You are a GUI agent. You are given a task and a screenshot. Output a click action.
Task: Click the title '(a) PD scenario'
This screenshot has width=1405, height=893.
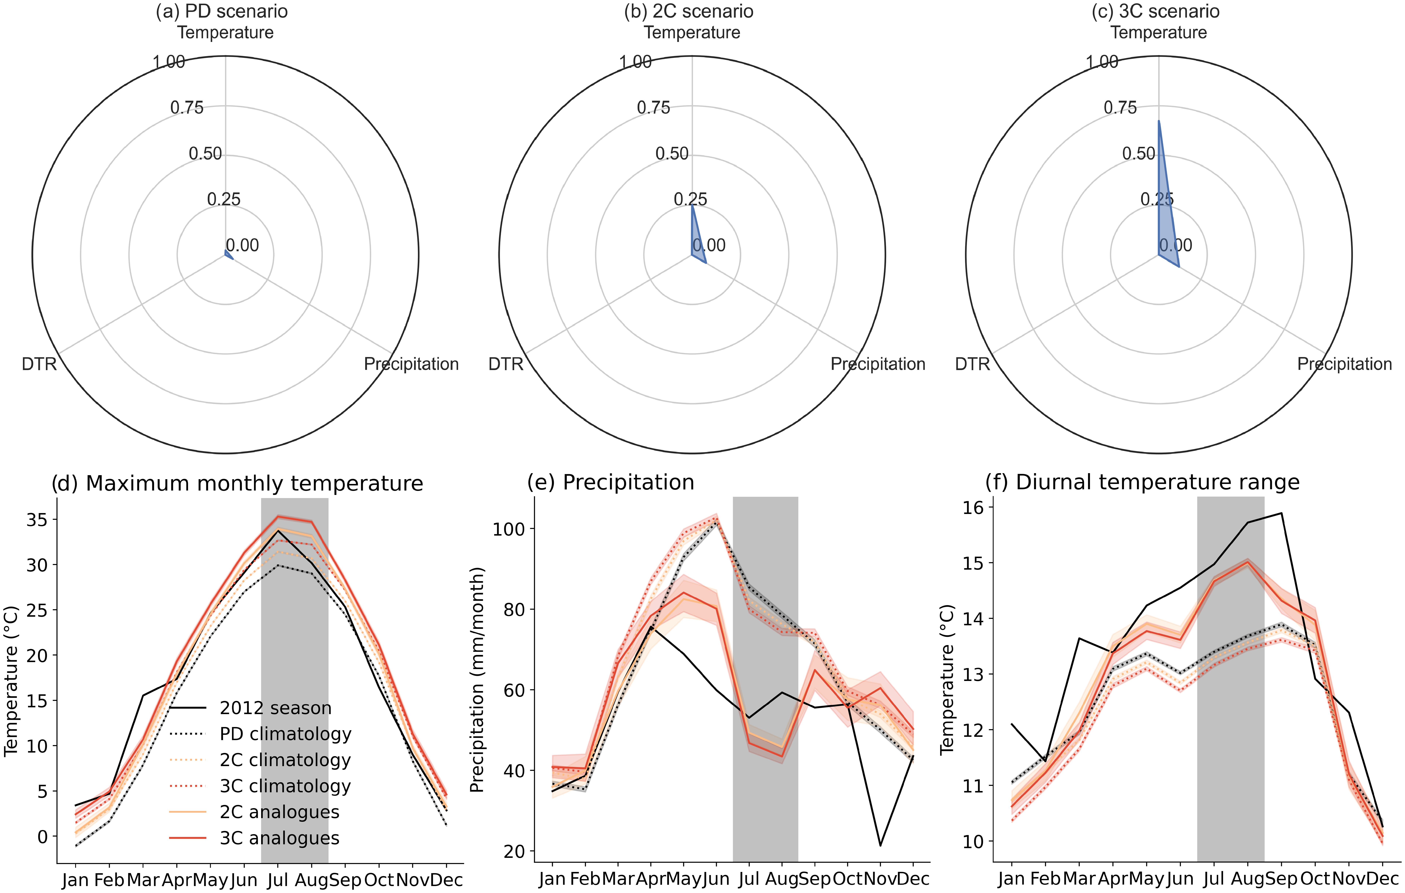click(222, 12)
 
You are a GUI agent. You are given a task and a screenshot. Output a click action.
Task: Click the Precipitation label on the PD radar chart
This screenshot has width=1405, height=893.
click(411, 364)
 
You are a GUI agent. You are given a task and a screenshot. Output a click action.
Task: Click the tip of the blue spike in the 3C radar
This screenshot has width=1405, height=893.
click(1159, 121)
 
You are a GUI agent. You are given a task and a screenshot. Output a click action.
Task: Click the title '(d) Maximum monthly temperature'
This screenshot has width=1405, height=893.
click(237, 484)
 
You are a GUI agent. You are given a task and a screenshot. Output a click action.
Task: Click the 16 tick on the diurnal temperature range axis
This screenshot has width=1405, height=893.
click(973, 507)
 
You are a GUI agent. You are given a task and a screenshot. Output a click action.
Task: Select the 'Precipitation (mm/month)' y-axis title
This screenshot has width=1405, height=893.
click(477, 680)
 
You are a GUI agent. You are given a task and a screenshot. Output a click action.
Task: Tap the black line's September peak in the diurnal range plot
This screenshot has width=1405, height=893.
click(1281, 513)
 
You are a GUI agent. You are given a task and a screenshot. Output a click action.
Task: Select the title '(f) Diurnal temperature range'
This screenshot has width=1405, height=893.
click(1142, 482)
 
